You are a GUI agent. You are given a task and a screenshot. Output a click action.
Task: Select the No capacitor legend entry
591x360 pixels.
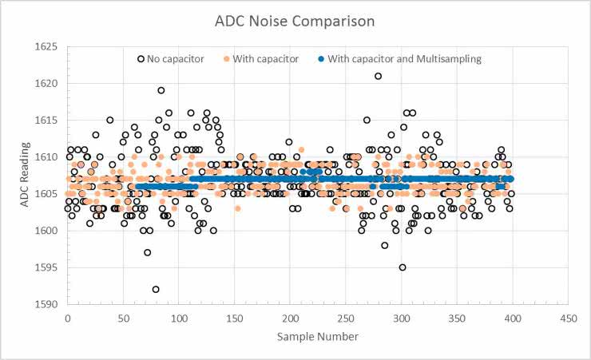coord(171,58)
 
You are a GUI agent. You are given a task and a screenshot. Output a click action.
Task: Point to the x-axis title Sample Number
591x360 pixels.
coord(318,337)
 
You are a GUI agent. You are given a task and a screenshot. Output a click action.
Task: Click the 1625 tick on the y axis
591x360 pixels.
coord(47,47)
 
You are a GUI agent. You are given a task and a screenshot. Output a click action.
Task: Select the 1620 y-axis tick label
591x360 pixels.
coord(47,84)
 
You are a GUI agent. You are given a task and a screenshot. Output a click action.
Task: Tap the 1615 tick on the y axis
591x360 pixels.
coord(47,121)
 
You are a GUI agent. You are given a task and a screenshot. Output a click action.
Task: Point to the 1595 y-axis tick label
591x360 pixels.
coord(47,267)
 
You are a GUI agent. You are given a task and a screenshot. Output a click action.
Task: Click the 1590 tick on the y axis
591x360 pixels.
coord(47,304)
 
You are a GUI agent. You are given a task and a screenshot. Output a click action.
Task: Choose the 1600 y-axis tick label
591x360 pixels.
coord(47,231)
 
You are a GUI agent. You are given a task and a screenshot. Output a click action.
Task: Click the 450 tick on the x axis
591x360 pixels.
coord(569,318)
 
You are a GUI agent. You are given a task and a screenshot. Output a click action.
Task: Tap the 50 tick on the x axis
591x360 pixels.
coord(123,318)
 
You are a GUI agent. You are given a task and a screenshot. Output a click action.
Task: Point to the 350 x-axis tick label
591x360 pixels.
coord(457,318)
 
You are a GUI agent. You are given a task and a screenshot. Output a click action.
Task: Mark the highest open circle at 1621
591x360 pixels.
coord(378,77)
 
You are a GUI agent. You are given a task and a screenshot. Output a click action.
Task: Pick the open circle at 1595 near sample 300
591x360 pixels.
coord(403,267)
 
